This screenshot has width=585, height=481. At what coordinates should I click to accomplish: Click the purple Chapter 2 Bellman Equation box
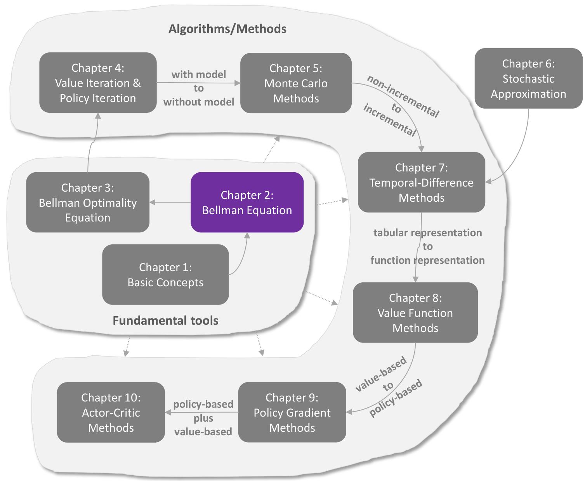coord(247,202)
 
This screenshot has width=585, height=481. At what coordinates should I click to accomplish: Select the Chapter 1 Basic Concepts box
coord(165,275)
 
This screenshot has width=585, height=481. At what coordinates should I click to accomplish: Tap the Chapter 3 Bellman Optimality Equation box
coord(88,202)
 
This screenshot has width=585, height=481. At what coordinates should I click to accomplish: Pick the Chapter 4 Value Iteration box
coord(98,83)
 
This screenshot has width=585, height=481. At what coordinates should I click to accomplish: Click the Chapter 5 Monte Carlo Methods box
coord(296,83)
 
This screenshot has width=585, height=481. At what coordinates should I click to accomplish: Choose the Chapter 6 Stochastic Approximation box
coord(528,78)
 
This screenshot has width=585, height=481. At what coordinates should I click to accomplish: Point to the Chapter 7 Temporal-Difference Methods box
coord(422,182)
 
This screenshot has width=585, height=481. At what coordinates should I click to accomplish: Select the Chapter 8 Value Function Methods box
coord(415,313)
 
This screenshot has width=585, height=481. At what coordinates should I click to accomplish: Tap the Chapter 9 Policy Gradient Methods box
coord(292,412)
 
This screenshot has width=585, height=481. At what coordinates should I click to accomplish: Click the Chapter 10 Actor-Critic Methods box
coord(111,412)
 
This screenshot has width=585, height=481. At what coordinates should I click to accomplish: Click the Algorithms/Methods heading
coord(227,29)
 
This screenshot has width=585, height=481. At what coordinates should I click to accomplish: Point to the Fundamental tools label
coord(165,320)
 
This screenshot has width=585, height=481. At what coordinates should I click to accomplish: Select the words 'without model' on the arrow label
coord(199,102)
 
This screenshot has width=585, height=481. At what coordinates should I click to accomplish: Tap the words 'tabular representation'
coord(427,233)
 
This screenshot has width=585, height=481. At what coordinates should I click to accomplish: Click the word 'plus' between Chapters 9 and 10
coord(203,418)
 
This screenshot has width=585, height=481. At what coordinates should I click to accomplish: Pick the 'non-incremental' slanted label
coord(403,96)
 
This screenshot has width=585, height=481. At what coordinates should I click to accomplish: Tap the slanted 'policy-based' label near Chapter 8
coord(396,398)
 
